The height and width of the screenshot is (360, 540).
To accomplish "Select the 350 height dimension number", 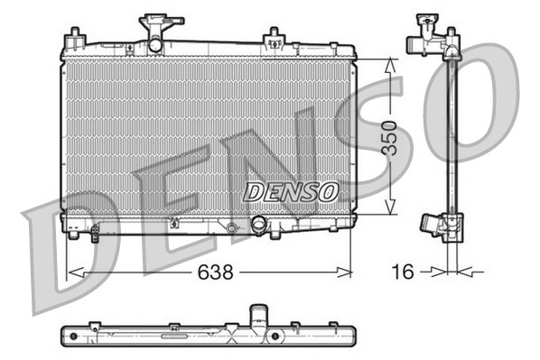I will tap(388, 136).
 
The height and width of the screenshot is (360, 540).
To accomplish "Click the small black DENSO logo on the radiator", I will tap(292, 190).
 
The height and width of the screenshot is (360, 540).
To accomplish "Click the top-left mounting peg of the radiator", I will tap(74, 37).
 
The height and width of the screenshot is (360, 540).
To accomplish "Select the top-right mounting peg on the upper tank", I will tap(273, 38).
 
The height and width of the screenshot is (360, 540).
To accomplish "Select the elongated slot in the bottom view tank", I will tap(169, 336).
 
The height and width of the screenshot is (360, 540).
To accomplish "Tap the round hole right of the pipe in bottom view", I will tap(275, 337).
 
